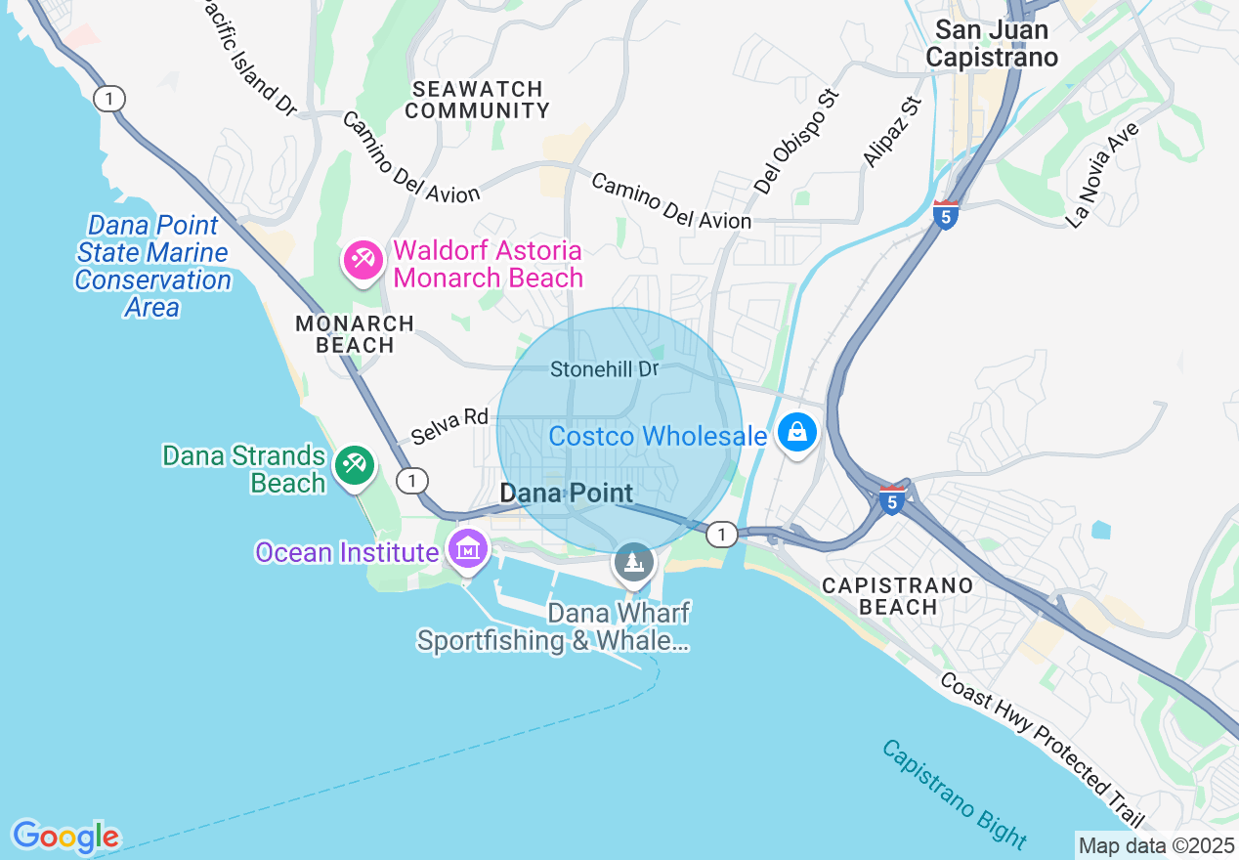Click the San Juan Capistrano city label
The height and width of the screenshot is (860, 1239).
coord(991,44)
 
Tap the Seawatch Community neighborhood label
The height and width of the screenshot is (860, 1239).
coord(477,100)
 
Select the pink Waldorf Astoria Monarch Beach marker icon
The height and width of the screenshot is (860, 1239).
coord(363,260)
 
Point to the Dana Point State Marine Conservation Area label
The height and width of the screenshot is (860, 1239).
coord(153,266)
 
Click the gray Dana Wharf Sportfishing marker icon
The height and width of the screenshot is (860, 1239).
coord(633,562)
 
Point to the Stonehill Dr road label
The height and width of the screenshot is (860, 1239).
coord(604,369)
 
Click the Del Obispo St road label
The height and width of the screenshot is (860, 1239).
coord(797,141)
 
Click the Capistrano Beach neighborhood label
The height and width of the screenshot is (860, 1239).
coord(897,596)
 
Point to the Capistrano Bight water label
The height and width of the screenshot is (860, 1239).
coord(954,793)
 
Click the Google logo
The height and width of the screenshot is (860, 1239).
coord(65,837)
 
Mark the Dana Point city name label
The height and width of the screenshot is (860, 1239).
coord(566,494)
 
